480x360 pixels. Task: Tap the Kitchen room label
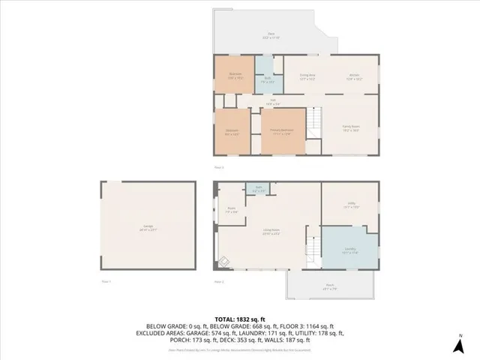tap(355, 76)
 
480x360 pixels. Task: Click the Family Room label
tap(351, 128)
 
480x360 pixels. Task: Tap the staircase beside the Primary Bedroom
tap(316, 121)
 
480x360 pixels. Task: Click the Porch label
tap(328, 286)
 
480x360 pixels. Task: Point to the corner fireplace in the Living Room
tap(223, 262)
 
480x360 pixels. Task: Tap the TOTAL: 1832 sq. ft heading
tap(239, 319)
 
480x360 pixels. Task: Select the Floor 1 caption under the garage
tap(106, 281)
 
